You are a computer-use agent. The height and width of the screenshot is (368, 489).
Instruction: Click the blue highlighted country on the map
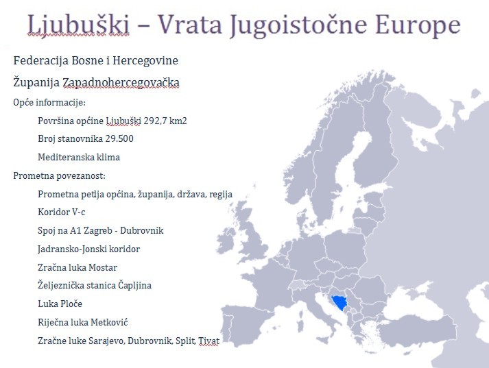point(337,301)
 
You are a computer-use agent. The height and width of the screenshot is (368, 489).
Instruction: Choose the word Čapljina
point(134,285)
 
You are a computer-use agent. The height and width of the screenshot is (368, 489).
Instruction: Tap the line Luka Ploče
point(60,304)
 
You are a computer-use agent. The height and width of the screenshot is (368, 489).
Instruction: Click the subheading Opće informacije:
point(49,102)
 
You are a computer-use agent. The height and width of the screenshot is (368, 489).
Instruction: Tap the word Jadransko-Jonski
point(71,249)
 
